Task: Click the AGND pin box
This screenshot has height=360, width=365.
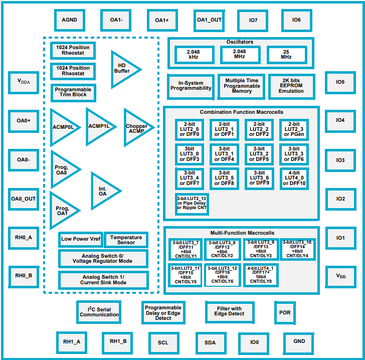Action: (x=69, y=21)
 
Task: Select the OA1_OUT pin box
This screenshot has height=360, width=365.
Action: (x=209, y=21)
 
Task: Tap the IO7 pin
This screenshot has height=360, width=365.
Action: (x=253, y=21)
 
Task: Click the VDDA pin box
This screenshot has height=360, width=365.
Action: (x=24, y=82)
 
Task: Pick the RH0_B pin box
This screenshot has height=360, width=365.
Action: (x=24, y=276)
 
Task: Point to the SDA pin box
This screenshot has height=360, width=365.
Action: (x=210, y=343)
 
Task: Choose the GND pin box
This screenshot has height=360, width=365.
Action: (x=299, y=342)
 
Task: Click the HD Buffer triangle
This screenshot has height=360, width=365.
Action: (x=123, y=69)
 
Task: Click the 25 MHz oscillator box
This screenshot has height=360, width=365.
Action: (x=286, y=55)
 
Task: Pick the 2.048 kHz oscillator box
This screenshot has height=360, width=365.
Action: (x=194, y=55)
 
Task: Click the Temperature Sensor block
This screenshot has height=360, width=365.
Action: (x=126, y=240)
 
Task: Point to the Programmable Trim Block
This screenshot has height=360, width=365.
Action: (x=73, y=92)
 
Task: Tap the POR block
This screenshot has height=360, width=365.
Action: (x=285, y=313)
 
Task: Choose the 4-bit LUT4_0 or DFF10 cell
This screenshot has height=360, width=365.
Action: (x=294, y=179)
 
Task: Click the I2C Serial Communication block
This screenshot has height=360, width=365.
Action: (x=99, y=312)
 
